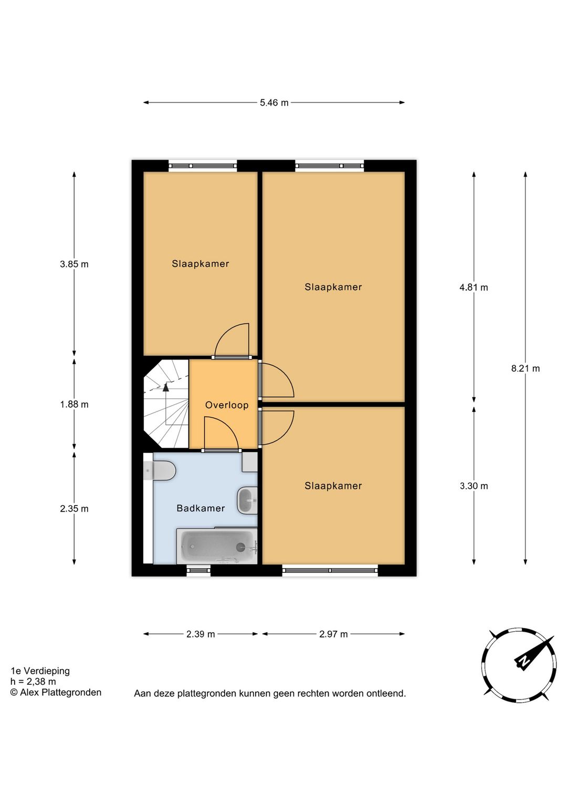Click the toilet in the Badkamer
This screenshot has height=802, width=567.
click(x=161, y=470)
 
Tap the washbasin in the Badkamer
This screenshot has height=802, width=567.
click(x=247, y=500)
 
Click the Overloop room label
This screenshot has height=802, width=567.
click(x=226, y=405)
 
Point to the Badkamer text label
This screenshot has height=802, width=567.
click(x=201, y=508)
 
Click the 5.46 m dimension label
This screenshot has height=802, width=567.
click(x=274, y=102)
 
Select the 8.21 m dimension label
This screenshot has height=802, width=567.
click(x=526, y=368)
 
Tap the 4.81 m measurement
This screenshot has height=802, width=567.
click(x=474, y=287)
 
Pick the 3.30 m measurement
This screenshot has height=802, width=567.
click(x=474, y=486)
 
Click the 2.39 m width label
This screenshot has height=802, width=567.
click(x=201, y=634)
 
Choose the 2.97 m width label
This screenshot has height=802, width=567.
click(x=333, y=634)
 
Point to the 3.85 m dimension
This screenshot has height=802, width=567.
click(x=74, y=264)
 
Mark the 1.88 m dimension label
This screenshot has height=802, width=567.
click(x=74, y=405)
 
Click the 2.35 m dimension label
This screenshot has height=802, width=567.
click(x=74, y=509)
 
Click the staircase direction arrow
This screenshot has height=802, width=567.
click(x=166, y=388)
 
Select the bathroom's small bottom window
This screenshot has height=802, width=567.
click(x=198, y=570)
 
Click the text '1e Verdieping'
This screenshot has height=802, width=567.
click(x=40, y=671)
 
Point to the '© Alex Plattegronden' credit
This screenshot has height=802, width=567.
click(x=56, y=693)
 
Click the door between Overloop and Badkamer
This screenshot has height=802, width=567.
click(x=221, y=450)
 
